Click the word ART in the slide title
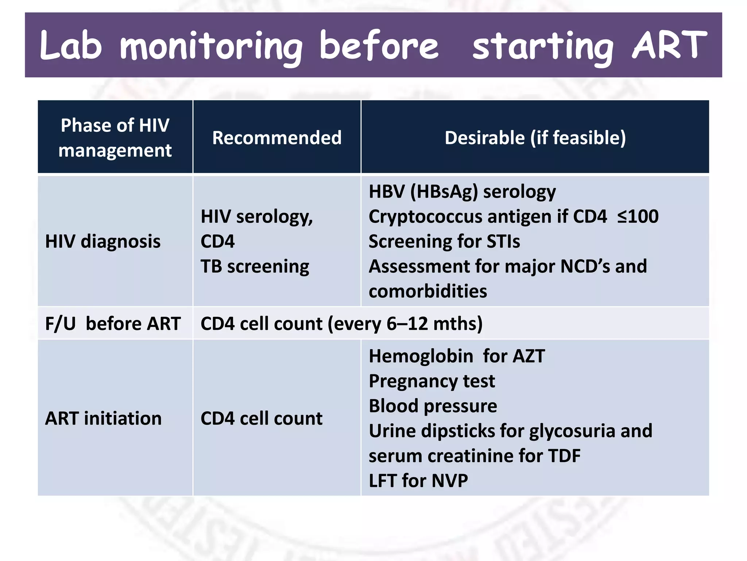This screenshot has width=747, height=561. tap(669, 45)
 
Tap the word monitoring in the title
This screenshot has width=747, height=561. tap(212, 47)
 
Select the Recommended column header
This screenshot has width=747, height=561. tap(277, 138)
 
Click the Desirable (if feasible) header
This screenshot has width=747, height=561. tap(535, 138)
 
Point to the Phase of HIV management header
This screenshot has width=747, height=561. tap(115, 138)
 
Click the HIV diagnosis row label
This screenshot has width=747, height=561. tap(103, 241)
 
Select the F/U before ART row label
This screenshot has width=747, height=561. tap(113, 324)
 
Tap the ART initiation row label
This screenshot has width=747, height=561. tap(103, 418)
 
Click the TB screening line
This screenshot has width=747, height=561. tap(255, 266)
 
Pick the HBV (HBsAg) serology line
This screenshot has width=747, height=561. tap(462, 191)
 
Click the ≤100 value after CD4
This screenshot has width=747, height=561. tap(638, 216)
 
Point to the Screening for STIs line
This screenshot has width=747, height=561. tap(444, 241)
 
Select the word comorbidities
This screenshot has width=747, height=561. tap(428, 291)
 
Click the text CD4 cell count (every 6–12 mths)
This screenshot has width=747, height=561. tap(341, 324)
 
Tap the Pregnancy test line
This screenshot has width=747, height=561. tap(432, 381)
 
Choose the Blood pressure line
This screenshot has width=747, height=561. tap(433, 406)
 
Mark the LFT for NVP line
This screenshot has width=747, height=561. tap(418, 481)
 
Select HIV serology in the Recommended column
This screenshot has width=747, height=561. tap(256, 217)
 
